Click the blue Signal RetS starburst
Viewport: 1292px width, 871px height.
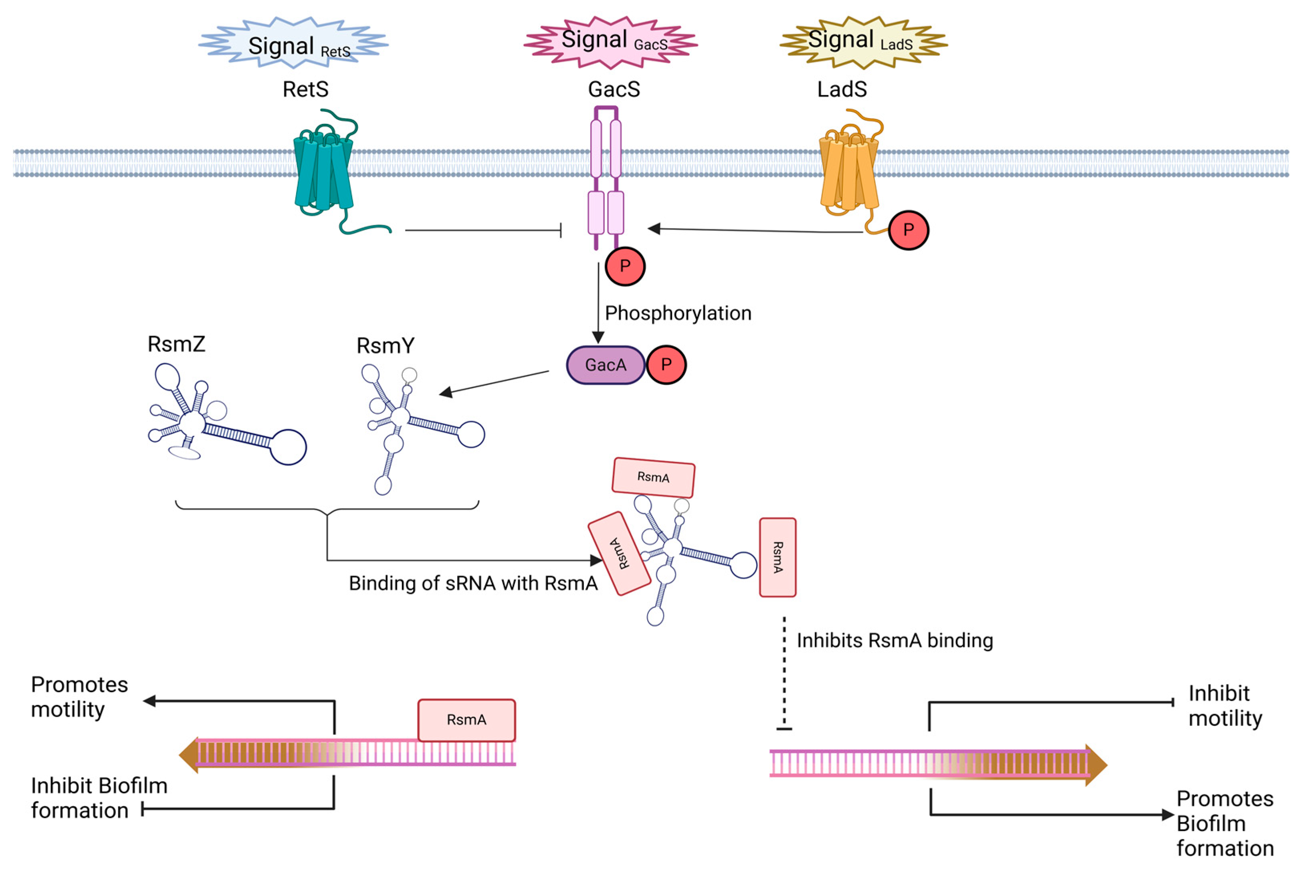point(293,43)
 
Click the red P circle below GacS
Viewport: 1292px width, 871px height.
point(625,266)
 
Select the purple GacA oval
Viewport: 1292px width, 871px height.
point(605,365)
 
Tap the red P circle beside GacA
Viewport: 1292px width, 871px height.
point(666,365)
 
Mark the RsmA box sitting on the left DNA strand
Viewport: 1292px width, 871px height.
point(466,720)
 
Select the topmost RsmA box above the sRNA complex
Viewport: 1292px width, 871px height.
point(653,477)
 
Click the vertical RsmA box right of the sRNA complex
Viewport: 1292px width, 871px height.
point(777,557)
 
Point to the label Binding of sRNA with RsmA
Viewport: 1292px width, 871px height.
point(472,583)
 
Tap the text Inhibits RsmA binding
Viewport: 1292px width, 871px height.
point(894,641)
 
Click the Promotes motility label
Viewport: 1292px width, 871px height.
point(79,697)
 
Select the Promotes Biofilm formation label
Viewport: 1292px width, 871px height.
point(1224,823)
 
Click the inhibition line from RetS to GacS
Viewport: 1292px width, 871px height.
point(483,230)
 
